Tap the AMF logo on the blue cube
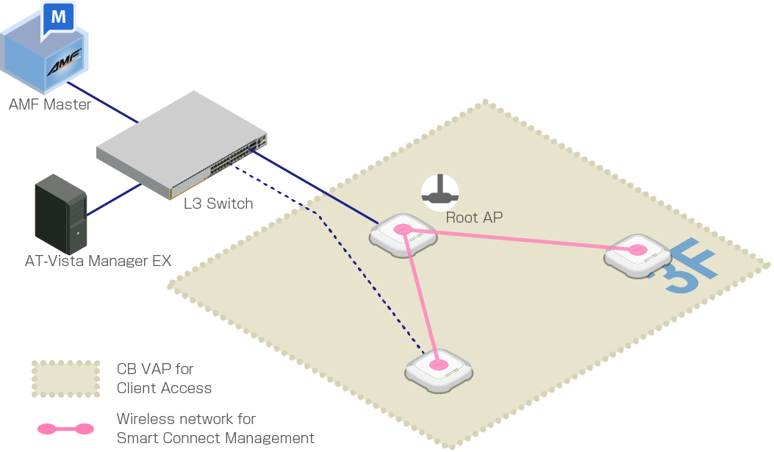(65, 66)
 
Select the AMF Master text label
(50, 104)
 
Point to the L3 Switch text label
(218, 204)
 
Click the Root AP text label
(474, 218)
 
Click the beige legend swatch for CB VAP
(65, 379)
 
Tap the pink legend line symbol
(65, 428)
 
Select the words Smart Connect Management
(215, 438)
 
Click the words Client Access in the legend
(164, 388)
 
